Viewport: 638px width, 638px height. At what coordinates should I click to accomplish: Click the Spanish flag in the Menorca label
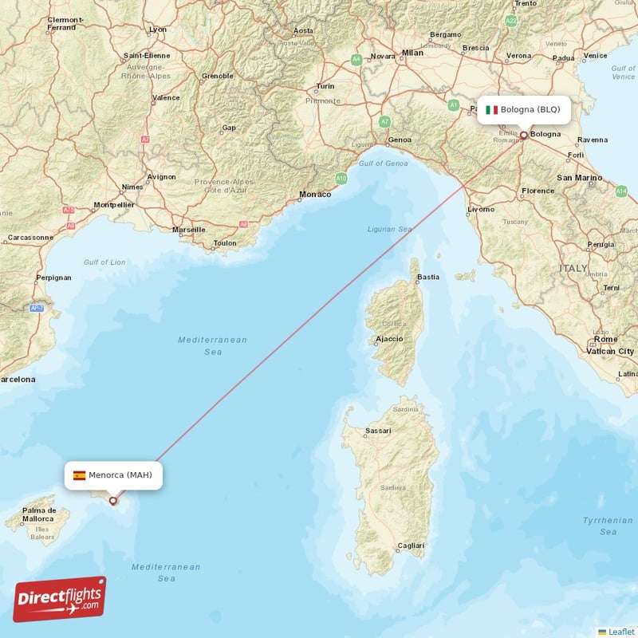(79, 475)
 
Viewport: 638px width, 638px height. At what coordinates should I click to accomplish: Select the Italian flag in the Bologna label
(491, 109)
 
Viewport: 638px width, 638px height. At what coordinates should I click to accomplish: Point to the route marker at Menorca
(113, 501)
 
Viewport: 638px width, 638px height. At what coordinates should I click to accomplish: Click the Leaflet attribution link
(620, 631)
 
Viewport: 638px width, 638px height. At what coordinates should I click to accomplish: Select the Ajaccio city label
(388, 340)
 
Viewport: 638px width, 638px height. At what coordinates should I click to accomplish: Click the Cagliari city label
(411, 545)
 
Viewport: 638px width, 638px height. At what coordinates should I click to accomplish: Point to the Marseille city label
(189, 230)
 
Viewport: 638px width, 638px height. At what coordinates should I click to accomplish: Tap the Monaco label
(315, 195)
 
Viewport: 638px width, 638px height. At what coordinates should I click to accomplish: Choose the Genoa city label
(400, 140)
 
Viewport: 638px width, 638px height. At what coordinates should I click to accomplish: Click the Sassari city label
(378, 431)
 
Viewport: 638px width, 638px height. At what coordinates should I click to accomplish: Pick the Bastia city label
(428, 277)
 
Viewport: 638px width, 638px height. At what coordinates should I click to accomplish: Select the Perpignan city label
(53, 278)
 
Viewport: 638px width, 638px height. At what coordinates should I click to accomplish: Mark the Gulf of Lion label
(104, 262)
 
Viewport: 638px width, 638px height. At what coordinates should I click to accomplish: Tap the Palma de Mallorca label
(39, 514)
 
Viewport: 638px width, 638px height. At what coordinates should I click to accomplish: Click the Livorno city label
(481, 209)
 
